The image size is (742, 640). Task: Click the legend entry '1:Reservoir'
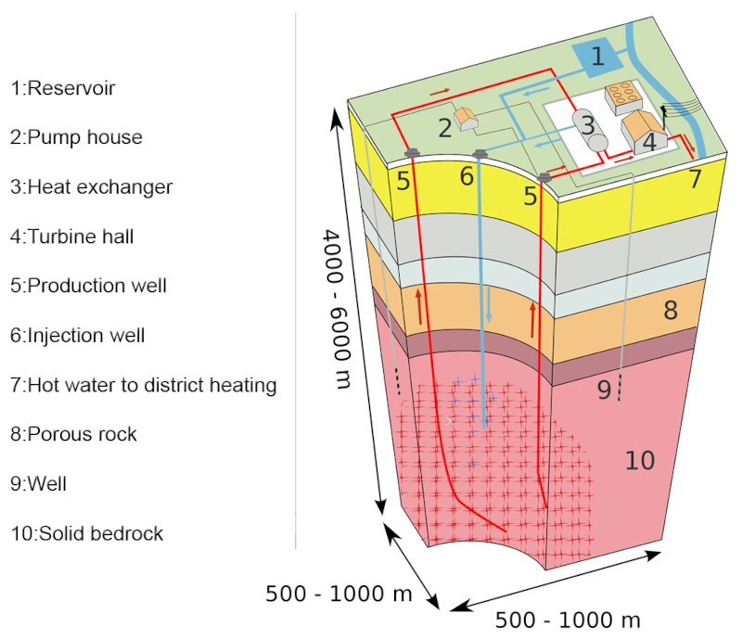click(62, 88)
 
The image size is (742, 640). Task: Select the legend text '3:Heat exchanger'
click(91, 186)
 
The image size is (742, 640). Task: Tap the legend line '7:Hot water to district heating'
click(143, 384)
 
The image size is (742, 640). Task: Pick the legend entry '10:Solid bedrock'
click(86, 533)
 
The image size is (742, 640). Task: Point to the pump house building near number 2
click(467, 118)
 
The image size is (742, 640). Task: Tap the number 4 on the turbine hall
click(650, 142)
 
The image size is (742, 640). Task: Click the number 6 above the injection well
click(467, 175)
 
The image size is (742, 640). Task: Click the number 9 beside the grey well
click(603, 390)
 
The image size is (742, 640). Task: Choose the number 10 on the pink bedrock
click(640, 459)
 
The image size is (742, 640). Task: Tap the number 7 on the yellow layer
click(696, 180)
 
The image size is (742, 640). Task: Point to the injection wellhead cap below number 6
click(480, 153)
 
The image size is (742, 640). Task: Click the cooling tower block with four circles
click(624, 95)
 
